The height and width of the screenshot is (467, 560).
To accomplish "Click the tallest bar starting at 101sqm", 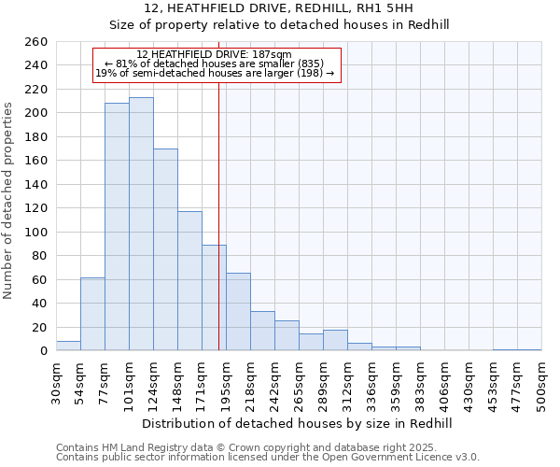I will [x=141, y=224].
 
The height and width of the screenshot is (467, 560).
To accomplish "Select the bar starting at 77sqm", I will [x=117, y=227].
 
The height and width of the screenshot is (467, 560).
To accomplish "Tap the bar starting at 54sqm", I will [x=92, y=314].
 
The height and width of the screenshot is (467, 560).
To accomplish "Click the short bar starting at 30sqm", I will [x=68, y=346].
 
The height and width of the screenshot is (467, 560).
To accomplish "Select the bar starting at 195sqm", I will [x=238, y=312].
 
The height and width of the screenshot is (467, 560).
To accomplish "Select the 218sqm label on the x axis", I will [x=250, y=383].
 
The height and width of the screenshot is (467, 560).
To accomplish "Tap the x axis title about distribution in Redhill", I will [x=299, y=423].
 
